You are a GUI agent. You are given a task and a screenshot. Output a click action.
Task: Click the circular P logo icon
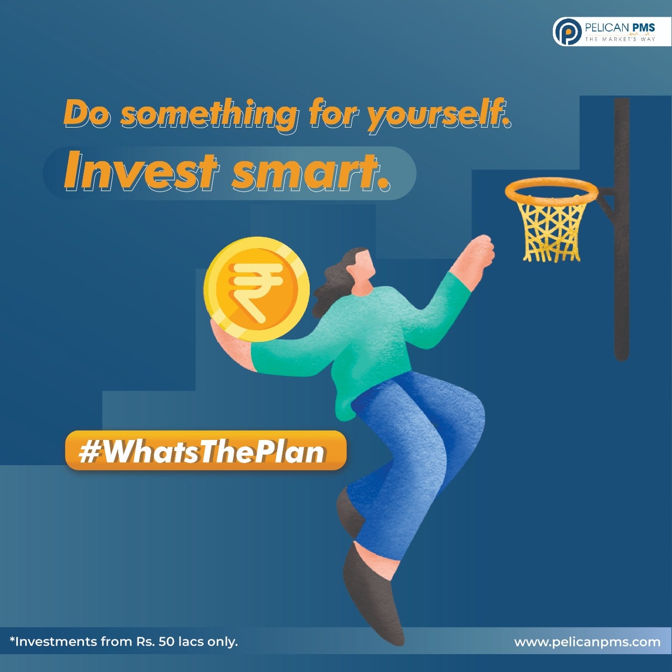pyautogui.click(x=568, y=32)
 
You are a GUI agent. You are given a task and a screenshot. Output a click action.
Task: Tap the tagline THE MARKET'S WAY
pyautogui.click(x=620, y=39)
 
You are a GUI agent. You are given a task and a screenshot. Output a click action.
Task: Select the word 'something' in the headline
pyautogui.click(x=209, y=115)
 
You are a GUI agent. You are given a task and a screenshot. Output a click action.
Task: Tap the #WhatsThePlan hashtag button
pyautogui.click(x=205, y=450)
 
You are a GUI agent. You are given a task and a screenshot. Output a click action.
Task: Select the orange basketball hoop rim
pyautogui.click(x=551, y=190)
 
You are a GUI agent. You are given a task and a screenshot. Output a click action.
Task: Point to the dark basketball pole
pyautogui.click(x=622, y=228)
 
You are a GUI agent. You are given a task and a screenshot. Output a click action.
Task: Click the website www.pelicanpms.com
pyautogui.click(x=587, y=642)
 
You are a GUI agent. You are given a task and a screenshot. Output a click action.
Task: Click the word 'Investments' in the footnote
pyautogui.click(x=56, y=641)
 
